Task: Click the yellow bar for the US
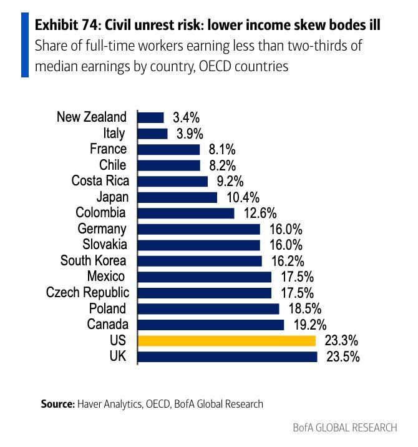click(227, 341)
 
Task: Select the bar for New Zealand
click(151, 117)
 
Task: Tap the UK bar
click(228, 357)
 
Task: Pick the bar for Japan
click(178, 197)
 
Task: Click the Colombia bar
click(186, 213)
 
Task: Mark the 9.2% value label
click(228, 182)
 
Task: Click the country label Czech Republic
click(88, 292)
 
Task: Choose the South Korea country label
click(94, 260)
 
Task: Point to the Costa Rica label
click(100, 181)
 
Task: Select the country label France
click(109, 149)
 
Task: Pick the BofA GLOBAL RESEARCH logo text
click(344, 428)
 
